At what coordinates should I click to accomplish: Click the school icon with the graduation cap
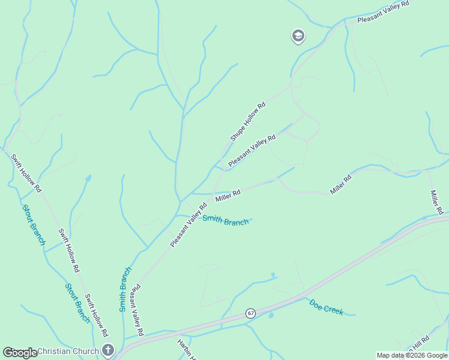point(298,37)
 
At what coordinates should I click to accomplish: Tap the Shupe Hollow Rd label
point(248,122)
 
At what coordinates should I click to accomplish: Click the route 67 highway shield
point(250,313)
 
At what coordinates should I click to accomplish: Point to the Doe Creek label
point(326,308)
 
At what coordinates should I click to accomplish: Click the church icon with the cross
point(108,349)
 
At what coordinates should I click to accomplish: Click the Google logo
point(20,353)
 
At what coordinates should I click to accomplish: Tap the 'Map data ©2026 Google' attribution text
point(412,355)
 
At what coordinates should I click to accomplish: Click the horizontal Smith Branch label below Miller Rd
point(225,220)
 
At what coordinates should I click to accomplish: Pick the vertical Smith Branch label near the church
point(125,289)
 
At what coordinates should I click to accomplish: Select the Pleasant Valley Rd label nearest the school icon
point(383,12)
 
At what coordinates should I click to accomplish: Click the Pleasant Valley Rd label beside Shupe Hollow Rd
point(252,150)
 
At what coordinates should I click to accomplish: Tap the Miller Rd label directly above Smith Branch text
point(228,194)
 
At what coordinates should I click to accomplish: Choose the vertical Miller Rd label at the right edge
point(436,202)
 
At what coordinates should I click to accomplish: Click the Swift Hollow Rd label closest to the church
point(96,315)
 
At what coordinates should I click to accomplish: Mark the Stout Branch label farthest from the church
point(34,225)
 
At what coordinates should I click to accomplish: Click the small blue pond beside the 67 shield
point(271,315)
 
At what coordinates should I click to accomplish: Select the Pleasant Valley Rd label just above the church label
point(137,310)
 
